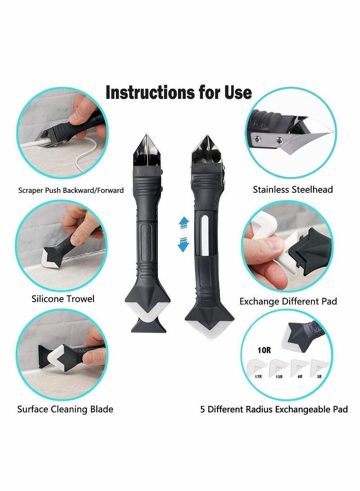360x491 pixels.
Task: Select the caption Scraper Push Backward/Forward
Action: click(x=71, y=190)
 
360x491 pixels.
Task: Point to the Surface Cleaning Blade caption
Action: click(x=65, y=409)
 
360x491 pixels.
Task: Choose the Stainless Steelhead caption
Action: click(x=293, y=189)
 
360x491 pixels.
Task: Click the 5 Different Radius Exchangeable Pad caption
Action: click(x=274, y=410)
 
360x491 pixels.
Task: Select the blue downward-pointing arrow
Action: click(x=183, y=245)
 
